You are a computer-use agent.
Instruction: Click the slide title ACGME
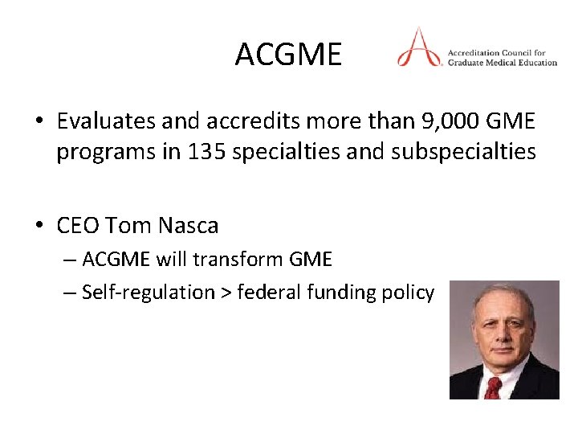click(288, 55)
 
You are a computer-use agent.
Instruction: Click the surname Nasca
click(188, 226)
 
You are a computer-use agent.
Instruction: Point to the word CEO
click(78, 226)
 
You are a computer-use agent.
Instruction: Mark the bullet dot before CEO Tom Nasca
click(39, 227)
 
